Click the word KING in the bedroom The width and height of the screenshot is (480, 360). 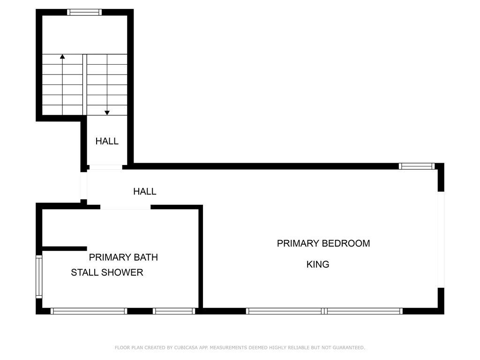[318, 264]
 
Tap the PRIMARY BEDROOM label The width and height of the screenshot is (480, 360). [323, 243]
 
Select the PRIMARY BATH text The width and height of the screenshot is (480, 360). [123, 257]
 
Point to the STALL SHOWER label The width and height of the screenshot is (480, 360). [107, 272]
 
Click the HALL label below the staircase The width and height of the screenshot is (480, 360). [107, 141]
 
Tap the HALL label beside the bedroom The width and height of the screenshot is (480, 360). [145, 191]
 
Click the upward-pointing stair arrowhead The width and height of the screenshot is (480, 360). [62, 56]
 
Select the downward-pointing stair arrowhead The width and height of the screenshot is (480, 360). [107, 113]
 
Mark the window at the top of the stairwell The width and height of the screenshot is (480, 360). [84, 12]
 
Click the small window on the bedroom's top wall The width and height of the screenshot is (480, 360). [417, 166]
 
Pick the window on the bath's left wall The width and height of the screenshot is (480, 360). [39, 277]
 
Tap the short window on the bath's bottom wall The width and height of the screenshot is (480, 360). [174, 311]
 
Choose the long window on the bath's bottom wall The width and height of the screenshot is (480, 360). [89, 311]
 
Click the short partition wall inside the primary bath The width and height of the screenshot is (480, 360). [65, 248]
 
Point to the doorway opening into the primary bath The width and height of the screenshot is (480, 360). [126, 207]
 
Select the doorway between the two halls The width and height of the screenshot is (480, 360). [105, 167]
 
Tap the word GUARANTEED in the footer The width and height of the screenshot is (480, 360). [349, 347]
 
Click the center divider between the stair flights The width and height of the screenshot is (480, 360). [85, 85]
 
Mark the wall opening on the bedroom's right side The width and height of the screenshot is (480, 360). [441, 240]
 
